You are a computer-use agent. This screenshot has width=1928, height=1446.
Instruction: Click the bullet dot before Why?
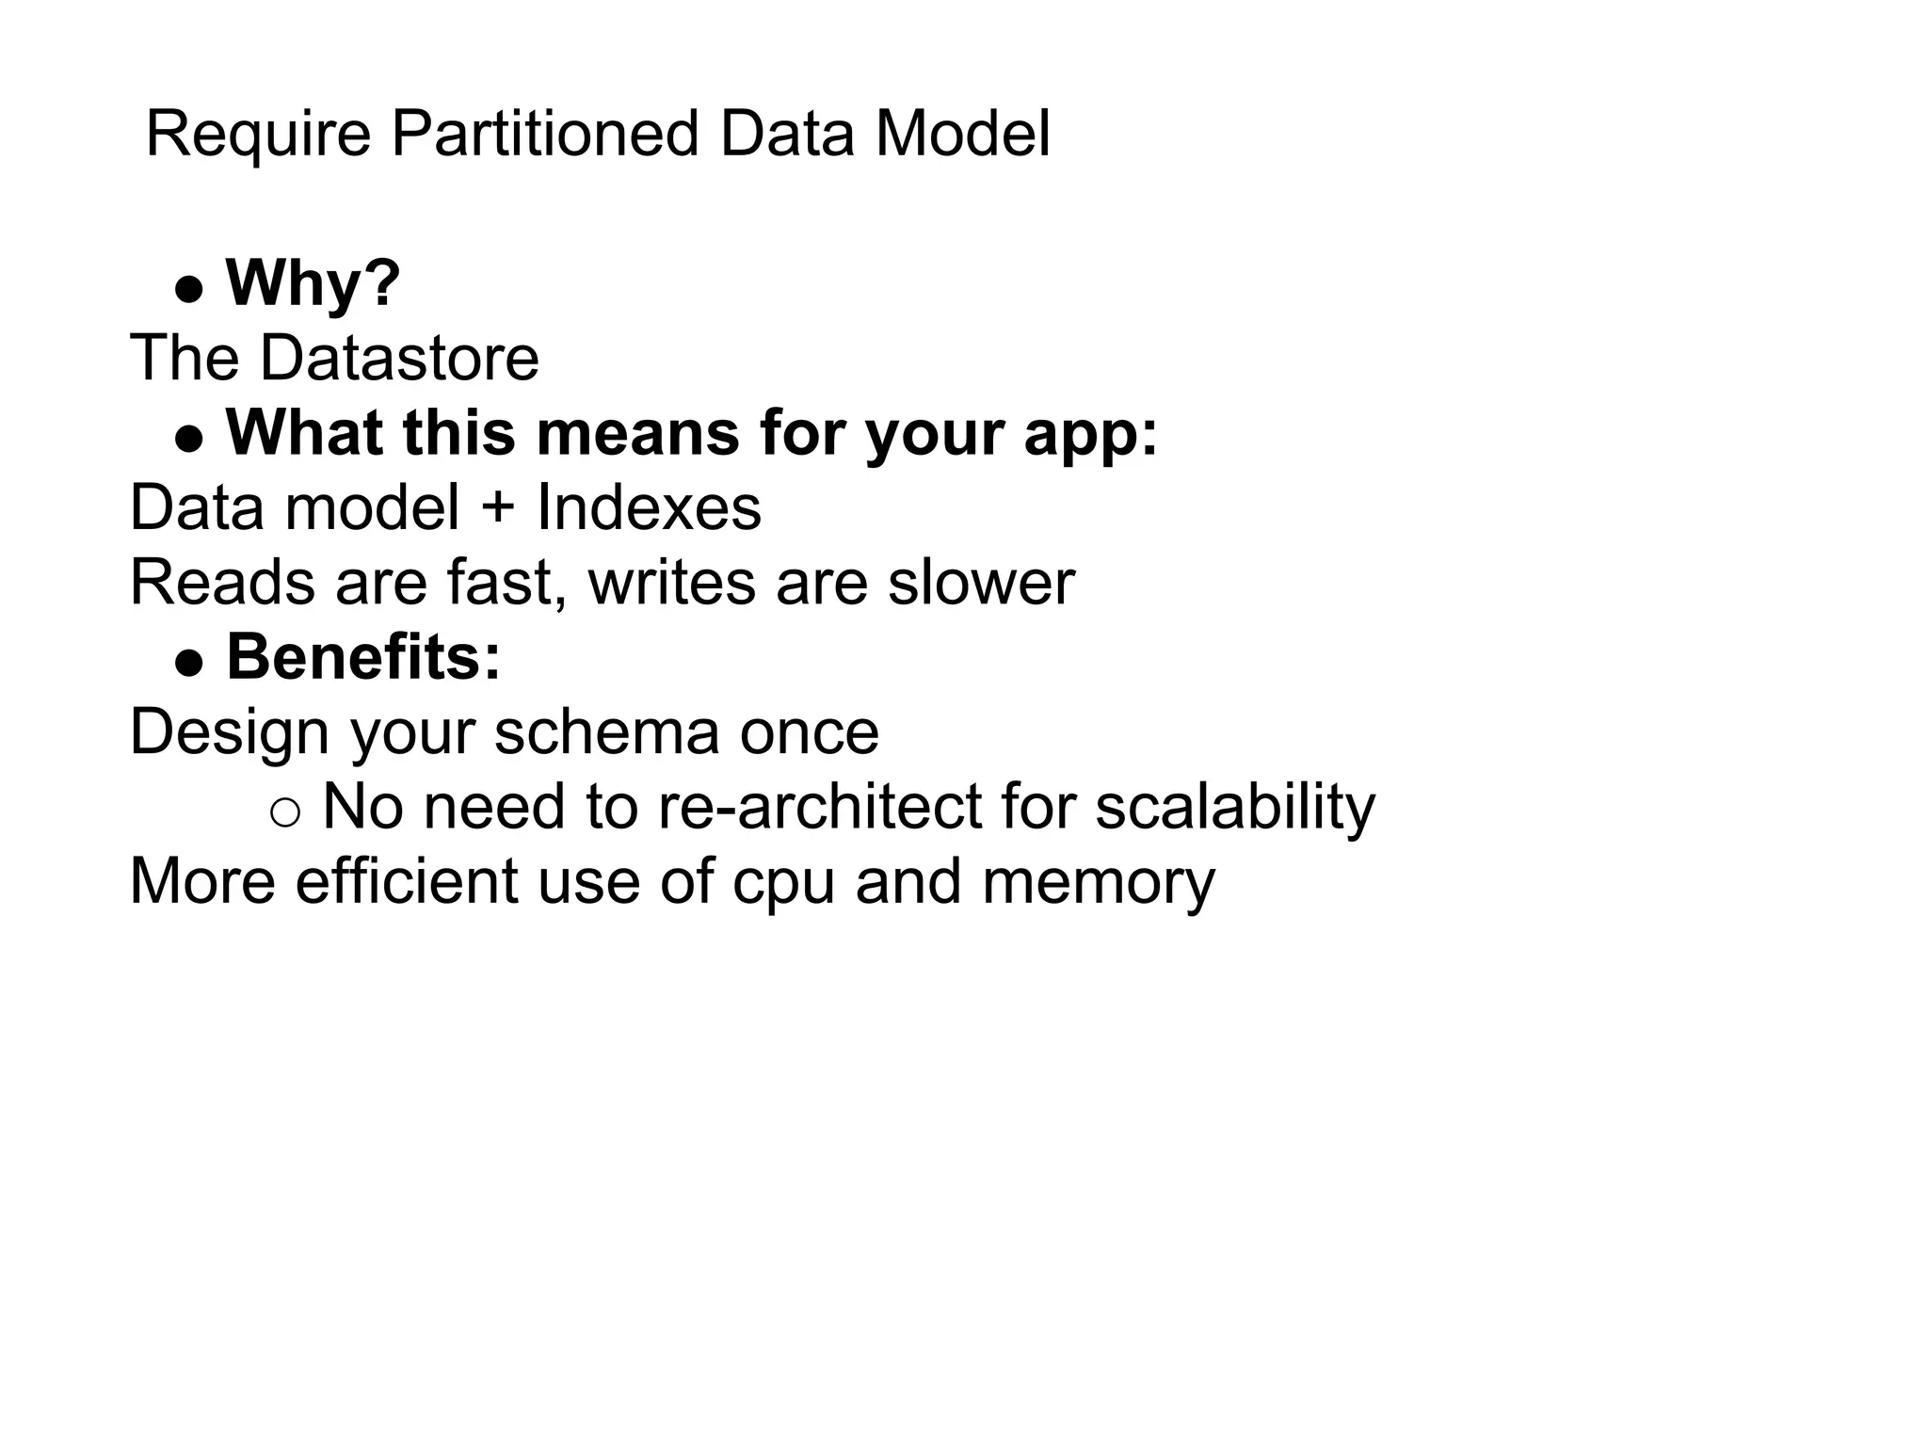(189, 289)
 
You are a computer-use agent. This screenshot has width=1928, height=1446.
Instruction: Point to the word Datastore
(399, 359)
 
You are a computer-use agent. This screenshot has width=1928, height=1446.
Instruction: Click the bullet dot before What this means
(189, 439)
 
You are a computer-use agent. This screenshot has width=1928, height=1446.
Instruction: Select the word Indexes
(649, 508)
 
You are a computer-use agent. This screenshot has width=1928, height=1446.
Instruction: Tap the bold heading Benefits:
(363, 657)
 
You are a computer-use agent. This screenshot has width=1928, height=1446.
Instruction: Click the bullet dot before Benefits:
(189, 663)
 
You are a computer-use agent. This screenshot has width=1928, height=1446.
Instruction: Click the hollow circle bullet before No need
(284, 812)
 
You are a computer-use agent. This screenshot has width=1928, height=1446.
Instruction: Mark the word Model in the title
(962, 134)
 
